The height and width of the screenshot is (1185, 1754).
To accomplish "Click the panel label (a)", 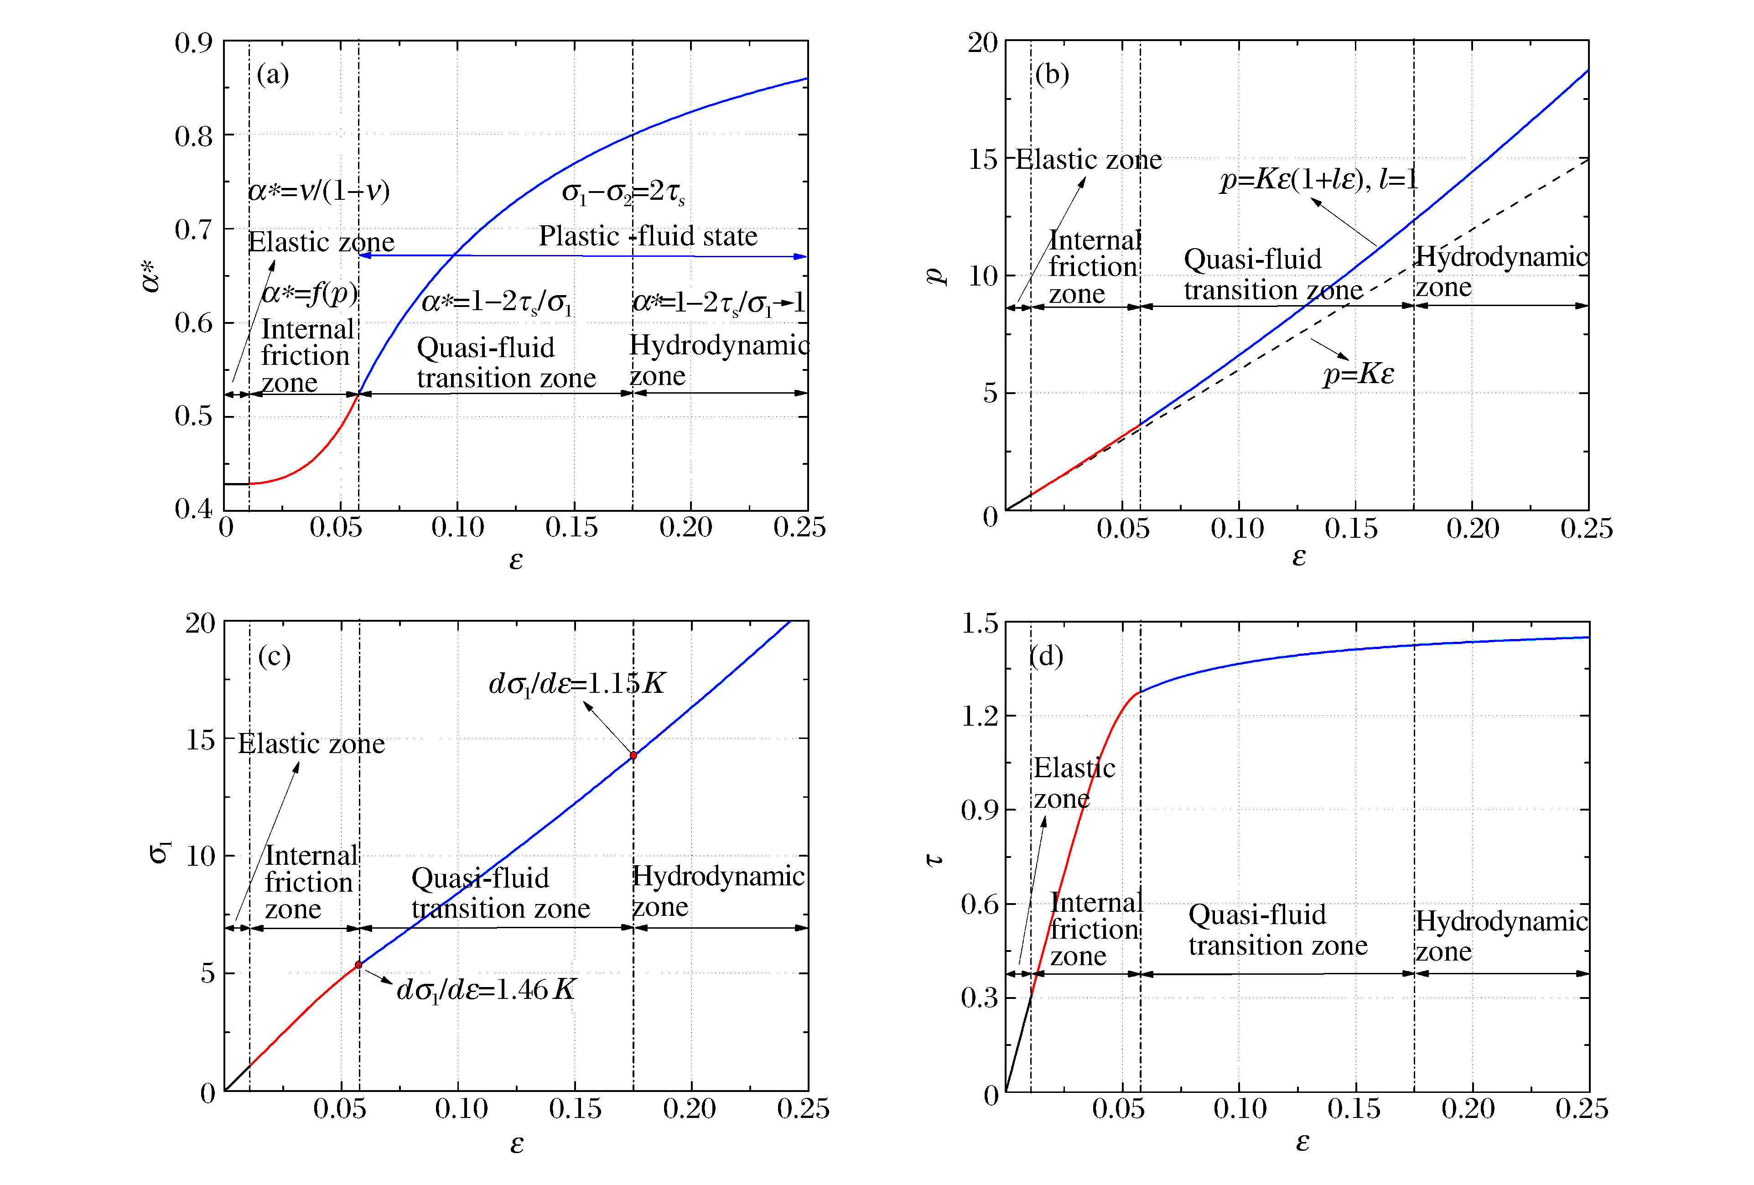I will [272, 75].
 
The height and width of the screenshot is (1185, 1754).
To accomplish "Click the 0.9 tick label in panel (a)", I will [193, 43].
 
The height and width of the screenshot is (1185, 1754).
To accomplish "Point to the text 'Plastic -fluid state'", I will [648, 236].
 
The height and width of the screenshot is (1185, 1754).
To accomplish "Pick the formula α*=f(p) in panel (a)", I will [310, 293].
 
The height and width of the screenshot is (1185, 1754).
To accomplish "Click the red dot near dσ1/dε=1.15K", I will [633, 755].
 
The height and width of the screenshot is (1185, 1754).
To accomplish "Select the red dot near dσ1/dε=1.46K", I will [358, 965].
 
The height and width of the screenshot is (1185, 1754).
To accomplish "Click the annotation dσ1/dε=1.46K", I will [486, 989].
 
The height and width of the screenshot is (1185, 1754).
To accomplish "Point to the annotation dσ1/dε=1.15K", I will [576, 683].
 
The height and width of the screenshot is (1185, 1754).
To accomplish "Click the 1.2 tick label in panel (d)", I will [979, 716].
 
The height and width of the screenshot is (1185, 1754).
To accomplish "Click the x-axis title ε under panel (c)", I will [516, 1144].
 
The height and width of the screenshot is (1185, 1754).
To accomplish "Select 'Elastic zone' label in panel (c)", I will [311, 744].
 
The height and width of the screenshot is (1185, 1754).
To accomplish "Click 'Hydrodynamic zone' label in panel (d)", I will [1500, 936].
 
